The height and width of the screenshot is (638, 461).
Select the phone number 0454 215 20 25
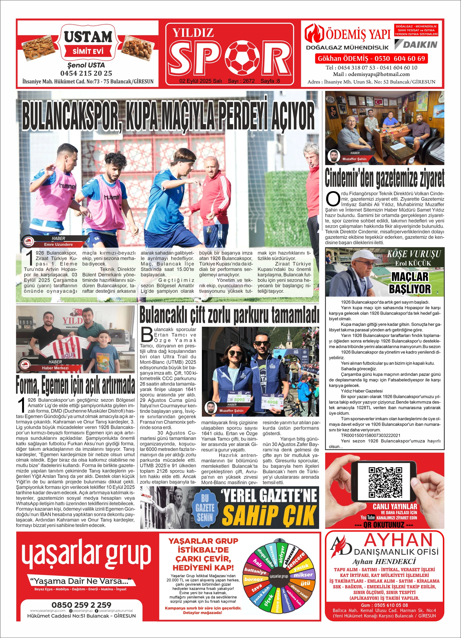[86, 73]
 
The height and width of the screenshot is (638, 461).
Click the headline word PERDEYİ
[244, 116]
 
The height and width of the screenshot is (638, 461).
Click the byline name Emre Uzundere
[58, 244]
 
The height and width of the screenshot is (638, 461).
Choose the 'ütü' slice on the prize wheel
[305, 583]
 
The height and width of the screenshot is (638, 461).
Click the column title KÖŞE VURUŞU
[413, 254]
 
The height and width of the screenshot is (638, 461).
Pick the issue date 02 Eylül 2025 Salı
[200, 81]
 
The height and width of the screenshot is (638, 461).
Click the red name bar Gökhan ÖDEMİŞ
[371, 58]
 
